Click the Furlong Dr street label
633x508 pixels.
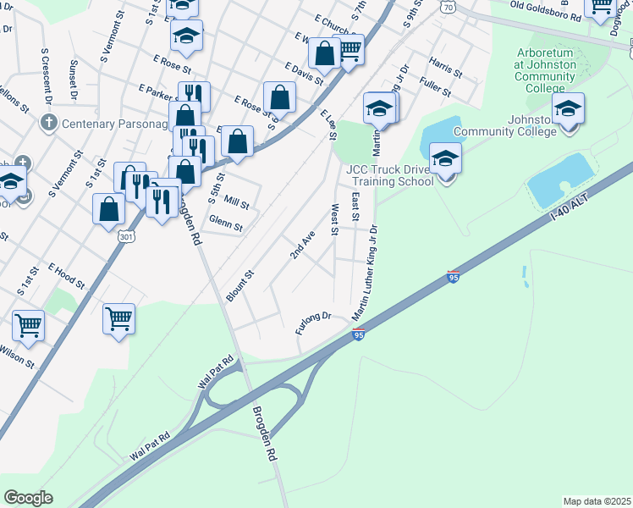[x=313, y=322]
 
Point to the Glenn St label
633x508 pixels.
[x=226, y=227]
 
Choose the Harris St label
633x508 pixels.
[x=445, y=68]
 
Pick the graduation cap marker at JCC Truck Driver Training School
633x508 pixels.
[x=444, y=158]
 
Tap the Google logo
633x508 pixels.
[x=29, y=497]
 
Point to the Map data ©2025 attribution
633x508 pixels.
[x=597, y=501]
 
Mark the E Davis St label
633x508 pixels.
[x=303, y=79]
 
